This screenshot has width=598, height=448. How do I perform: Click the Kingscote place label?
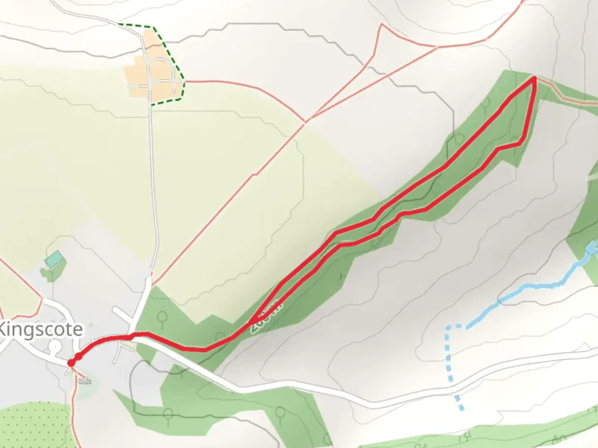tap(41, 330)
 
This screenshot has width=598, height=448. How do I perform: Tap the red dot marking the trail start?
tap(71, 363)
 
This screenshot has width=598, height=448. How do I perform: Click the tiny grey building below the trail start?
tap(84, 381)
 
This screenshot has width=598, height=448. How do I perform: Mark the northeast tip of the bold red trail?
tap(534, 78)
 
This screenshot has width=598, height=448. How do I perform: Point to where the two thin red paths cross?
tap(305, 121)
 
